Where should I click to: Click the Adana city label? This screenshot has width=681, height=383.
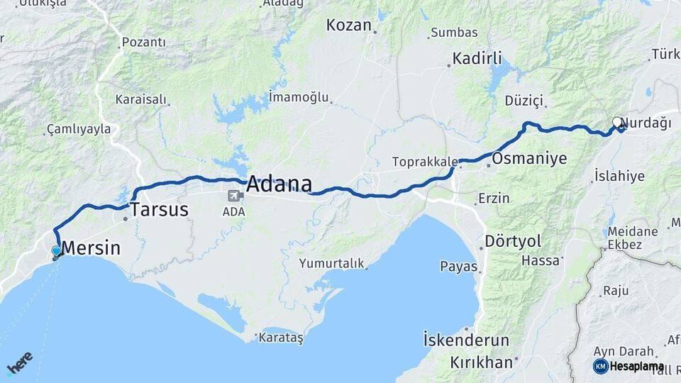(279, 184)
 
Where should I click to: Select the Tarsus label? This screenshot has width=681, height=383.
(159, 210)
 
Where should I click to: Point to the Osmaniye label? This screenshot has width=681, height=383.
(529, 158)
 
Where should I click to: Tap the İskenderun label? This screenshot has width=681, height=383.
(466, 340)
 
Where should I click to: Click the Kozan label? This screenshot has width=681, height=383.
(348, 26)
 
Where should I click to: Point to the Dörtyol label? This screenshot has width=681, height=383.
(512, 241)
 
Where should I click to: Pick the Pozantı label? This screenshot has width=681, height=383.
(143, 43)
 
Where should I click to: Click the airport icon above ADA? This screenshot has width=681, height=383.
(233, 196)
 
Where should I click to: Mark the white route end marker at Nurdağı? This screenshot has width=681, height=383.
(617, 122)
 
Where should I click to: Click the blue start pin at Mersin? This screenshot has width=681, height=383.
(56, 250)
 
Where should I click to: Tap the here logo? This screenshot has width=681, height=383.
(19, 362)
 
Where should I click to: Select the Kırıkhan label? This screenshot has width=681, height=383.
(480, 362)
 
